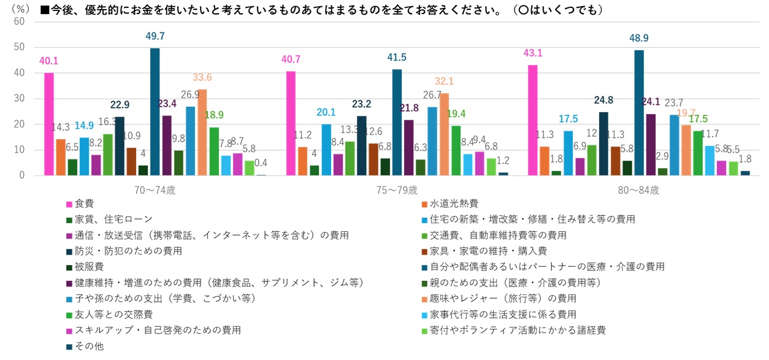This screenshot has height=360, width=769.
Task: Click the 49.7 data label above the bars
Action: [155, 36]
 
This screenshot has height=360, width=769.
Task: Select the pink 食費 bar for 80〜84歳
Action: [533, 120]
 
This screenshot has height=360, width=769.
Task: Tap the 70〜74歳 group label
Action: [155, 190]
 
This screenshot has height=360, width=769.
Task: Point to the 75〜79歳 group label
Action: [397, 190]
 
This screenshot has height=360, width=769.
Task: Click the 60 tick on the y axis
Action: [20, 21]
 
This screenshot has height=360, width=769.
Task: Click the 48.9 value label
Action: [639, 38]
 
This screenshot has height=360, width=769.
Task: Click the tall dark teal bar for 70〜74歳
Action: [155, 112]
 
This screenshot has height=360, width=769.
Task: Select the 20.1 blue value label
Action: [326, 112]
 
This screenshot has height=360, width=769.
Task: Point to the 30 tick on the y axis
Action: [20, 99]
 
